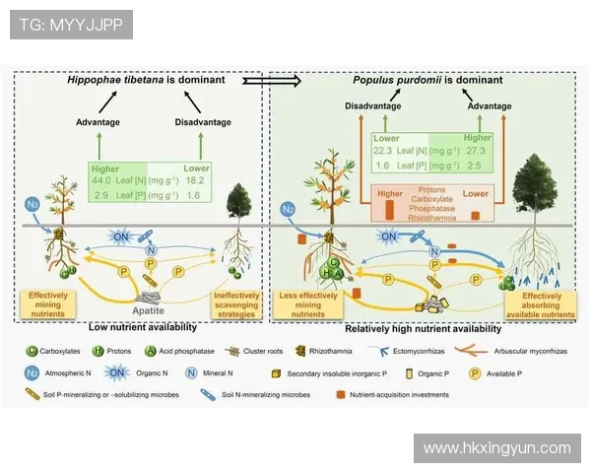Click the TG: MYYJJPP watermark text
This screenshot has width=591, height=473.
70,25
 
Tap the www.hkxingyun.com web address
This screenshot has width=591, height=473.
496,448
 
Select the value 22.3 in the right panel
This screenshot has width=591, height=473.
383,151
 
